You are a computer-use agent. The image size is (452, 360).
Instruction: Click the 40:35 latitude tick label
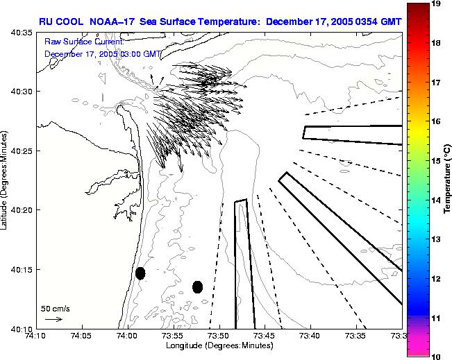pos(22,32)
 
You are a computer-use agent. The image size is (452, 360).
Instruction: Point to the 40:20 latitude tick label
pos(22,210)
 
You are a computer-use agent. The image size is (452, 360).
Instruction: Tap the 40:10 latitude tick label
pos(22,329)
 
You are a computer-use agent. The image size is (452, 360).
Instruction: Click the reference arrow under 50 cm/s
pos(53,319)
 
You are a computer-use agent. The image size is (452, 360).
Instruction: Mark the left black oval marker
pos(140,273)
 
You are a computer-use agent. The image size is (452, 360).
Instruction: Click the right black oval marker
pos(197,286)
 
